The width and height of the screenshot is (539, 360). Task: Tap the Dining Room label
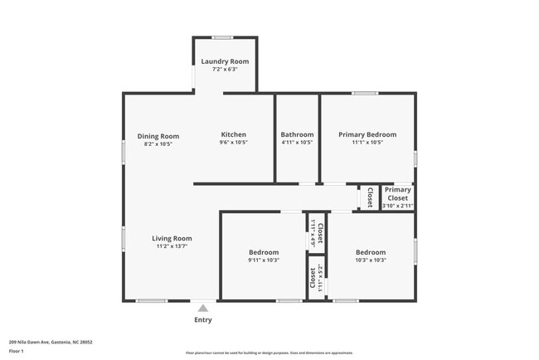pos(158,136)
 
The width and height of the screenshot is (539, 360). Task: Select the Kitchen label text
pos(233,134)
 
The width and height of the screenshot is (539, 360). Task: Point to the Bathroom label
pos(297,134)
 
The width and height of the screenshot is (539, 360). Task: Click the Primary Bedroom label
pos(367,134)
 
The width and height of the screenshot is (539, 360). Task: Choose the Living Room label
pos(172,238)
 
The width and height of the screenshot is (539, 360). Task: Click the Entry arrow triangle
pos(203,308)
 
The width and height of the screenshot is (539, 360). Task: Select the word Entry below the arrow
pos(203,320)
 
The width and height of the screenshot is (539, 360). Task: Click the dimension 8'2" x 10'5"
pos(158,144)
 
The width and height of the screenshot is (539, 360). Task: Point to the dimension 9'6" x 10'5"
pos(233,143)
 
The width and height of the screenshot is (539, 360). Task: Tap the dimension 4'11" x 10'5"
pos(297,143)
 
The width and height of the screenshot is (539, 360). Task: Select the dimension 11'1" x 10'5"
pos(367,143)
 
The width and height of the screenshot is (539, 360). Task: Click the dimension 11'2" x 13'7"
pos(172,246)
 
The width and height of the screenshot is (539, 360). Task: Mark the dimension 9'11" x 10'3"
pos(264,260)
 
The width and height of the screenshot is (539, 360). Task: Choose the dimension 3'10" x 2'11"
pos(397,205)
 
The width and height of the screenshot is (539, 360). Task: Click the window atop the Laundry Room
pos(221,37)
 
